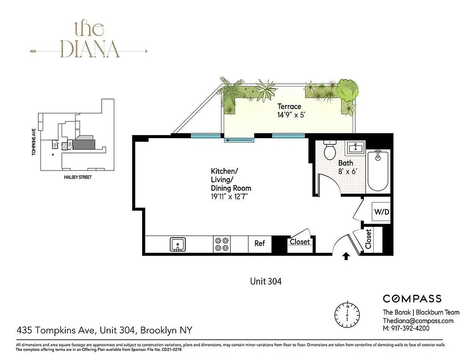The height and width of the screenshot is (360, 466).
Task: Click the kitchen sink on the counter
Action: click(178, 245)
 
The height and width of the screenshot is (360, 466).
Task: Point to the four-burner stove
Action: click(222, 244)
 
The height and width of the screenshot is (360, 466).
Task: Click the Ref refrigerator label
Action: click(260, 243)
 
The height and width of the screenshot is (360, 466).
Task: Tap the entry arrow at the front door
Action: click(346, 257)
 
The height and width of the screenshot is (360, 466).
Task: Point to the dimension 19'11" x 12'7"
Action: click(230, 196)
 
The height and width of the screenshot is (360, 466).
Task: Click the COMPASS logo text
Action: click(412, 298)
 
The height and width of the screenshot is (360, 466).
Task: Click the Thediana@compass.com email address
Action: click(418, 321)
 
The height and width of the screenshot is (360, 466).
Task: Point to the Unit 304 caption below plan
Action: click(265, 282)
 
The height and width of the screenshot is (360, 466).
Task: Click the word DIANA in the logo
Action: click(90, 49)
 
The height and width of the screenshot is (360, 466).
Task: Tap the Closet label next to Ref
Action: click(300, 242)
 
